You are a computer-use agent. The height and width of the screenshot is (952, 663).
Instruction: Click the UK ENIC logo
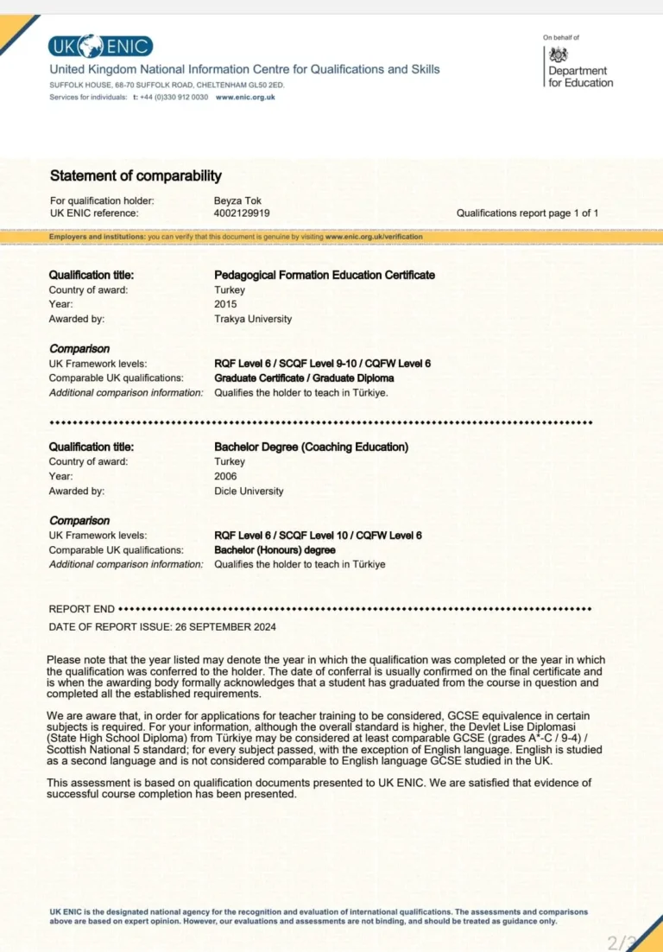tap(101, 47)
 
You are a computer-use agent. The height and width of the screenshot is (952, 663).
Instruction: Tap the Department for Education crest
tap(559, 54)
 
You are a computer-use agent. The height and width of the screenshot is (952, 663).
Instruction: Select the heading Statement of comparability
tap(136, 176)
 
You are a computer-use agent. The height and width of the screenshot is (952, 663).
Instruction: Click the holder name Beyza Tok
tap(237, 201)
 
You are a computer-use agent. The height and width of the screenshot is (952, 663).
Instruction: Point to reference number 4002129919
tap(242, 213)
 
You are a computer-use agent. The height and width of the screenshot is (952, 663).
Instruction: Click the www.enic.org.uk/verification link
tap(374, 237)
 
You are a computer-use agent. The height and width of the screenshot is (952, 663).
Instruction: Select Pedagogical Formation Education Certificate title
tap(324, 276)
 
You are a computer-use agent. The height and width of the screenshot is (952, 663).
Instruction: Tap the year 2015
tap(225, 304)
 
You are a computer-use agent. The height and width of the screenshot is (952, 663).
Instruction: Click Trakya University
tap(253, 319)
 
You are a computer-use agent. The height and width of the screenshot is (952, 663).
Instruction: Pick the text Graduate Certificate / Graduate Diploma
tap(304, 378)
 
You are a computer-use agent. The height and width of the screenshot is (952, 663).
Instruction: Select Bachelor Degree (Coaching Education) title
tap(311, 447)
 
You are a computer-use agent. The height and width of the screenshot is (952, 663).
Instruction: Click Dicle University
tap(249, 491)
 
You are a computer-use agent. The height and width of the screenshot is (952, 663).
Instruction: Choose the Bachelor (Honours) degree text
tap(275, 550)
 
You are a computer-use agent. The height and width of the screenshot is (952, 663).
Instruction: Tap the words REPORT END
tap(81, 609)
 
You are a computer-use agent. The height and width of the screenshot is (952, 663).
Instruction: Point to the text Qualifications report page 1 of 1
tap(527, 213)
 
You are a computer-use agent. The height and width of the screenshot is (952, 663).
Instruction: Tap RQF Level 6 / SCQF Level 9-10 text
tap(299, 364)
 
